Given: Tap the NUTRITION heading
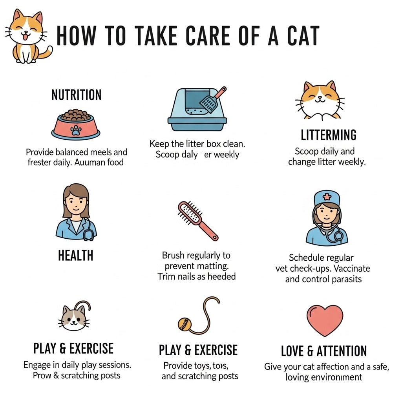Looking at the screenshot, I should click(77, 95).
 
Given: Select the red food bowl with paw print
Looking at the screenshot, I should click(76, 126).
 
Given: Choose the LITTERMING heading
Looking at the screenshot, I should click(329, 135).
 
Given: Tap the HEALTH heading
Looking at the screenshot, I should click(76, 256).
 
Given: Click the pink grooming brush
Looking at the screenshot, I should click(197, 220).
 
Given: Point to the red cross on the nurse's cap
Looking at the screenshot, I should click(327, 196).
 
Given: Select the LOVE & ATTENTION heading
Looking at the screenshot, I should click(323, 351).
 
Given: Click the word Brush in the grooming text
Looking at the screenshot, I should click(173, 256).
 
